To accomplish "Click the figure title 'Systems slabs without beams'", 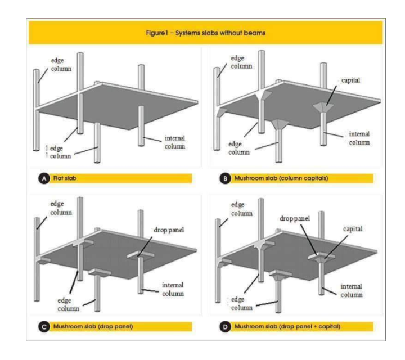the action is coord(202,33).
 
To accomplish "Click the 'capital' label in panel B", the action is coord(340,80).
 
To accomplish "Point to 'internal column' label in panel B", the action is coord(354,139).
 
